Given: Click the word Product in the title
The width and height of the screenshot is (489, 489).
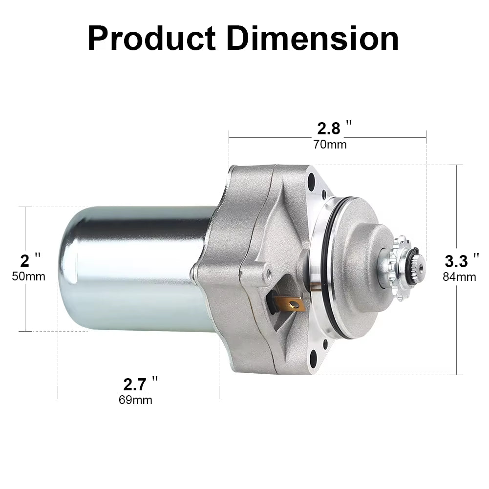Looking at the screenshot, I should [151, 39].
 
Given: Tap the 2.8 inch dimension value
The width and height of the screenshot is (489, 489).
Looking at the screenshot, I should [328, 128].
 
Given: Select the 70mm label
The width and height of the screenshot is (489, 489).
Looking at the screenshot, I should [330, 145].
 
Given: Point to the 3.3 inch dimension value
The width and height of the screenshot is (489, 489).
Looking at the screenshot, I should [456, 261].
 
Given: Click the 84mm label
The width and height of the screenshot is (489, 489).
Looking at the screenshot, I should [459, 277].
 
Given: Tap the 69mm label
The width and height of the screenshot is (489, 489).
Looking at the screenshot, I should [135, 400].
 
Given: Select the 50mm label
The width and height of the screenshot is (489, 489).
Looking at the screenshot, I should [28, 276].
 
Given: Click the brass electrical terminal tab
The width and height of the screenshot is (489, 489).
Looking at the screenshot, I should [292, 305].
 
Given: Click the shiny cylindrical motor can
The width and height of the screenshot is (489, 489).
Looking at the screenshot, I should [132, 269].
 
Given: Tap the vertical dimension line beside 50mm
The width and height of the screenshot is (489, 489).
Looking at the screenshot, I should [25, 303].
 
